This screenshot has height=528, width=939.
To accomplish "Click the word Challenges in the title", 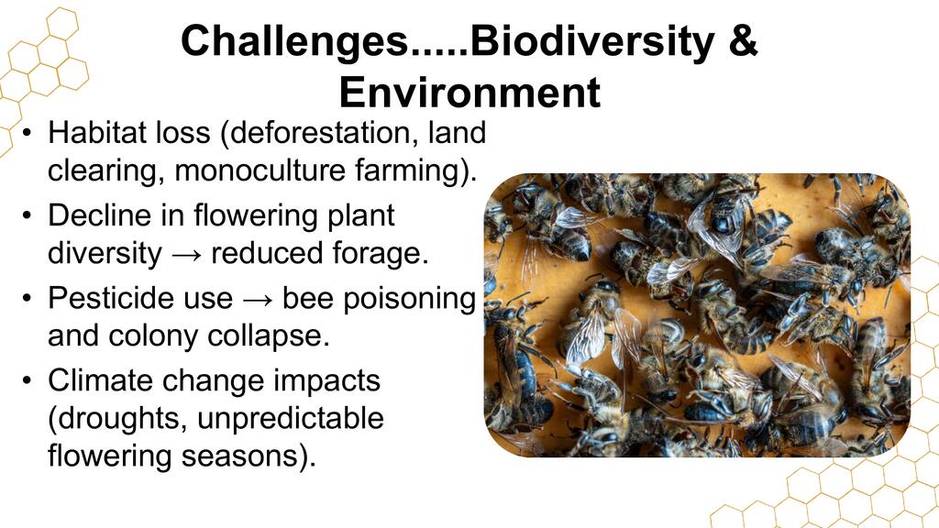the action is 293,42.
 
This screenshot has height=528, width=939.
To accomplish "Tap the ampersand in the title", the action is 743,40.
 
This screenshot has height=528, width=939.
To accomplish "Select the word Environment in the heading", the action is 469,93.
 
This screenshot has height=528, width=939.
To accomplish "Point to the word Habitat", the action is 94,132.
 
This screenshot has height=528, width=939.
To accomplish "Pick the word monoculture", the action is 260,170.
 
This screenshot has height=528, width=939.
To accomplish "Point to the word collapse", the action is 269,335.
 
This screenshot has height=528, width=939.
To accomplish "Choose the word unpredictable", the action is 291,418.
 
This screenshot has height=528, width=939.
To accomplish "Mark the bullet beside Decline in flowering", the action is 27,214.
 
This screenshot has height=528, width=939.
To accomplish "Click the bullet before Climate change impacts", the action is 27,380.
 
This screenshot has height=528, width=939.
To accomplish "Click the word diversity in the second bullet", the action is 105,254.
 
